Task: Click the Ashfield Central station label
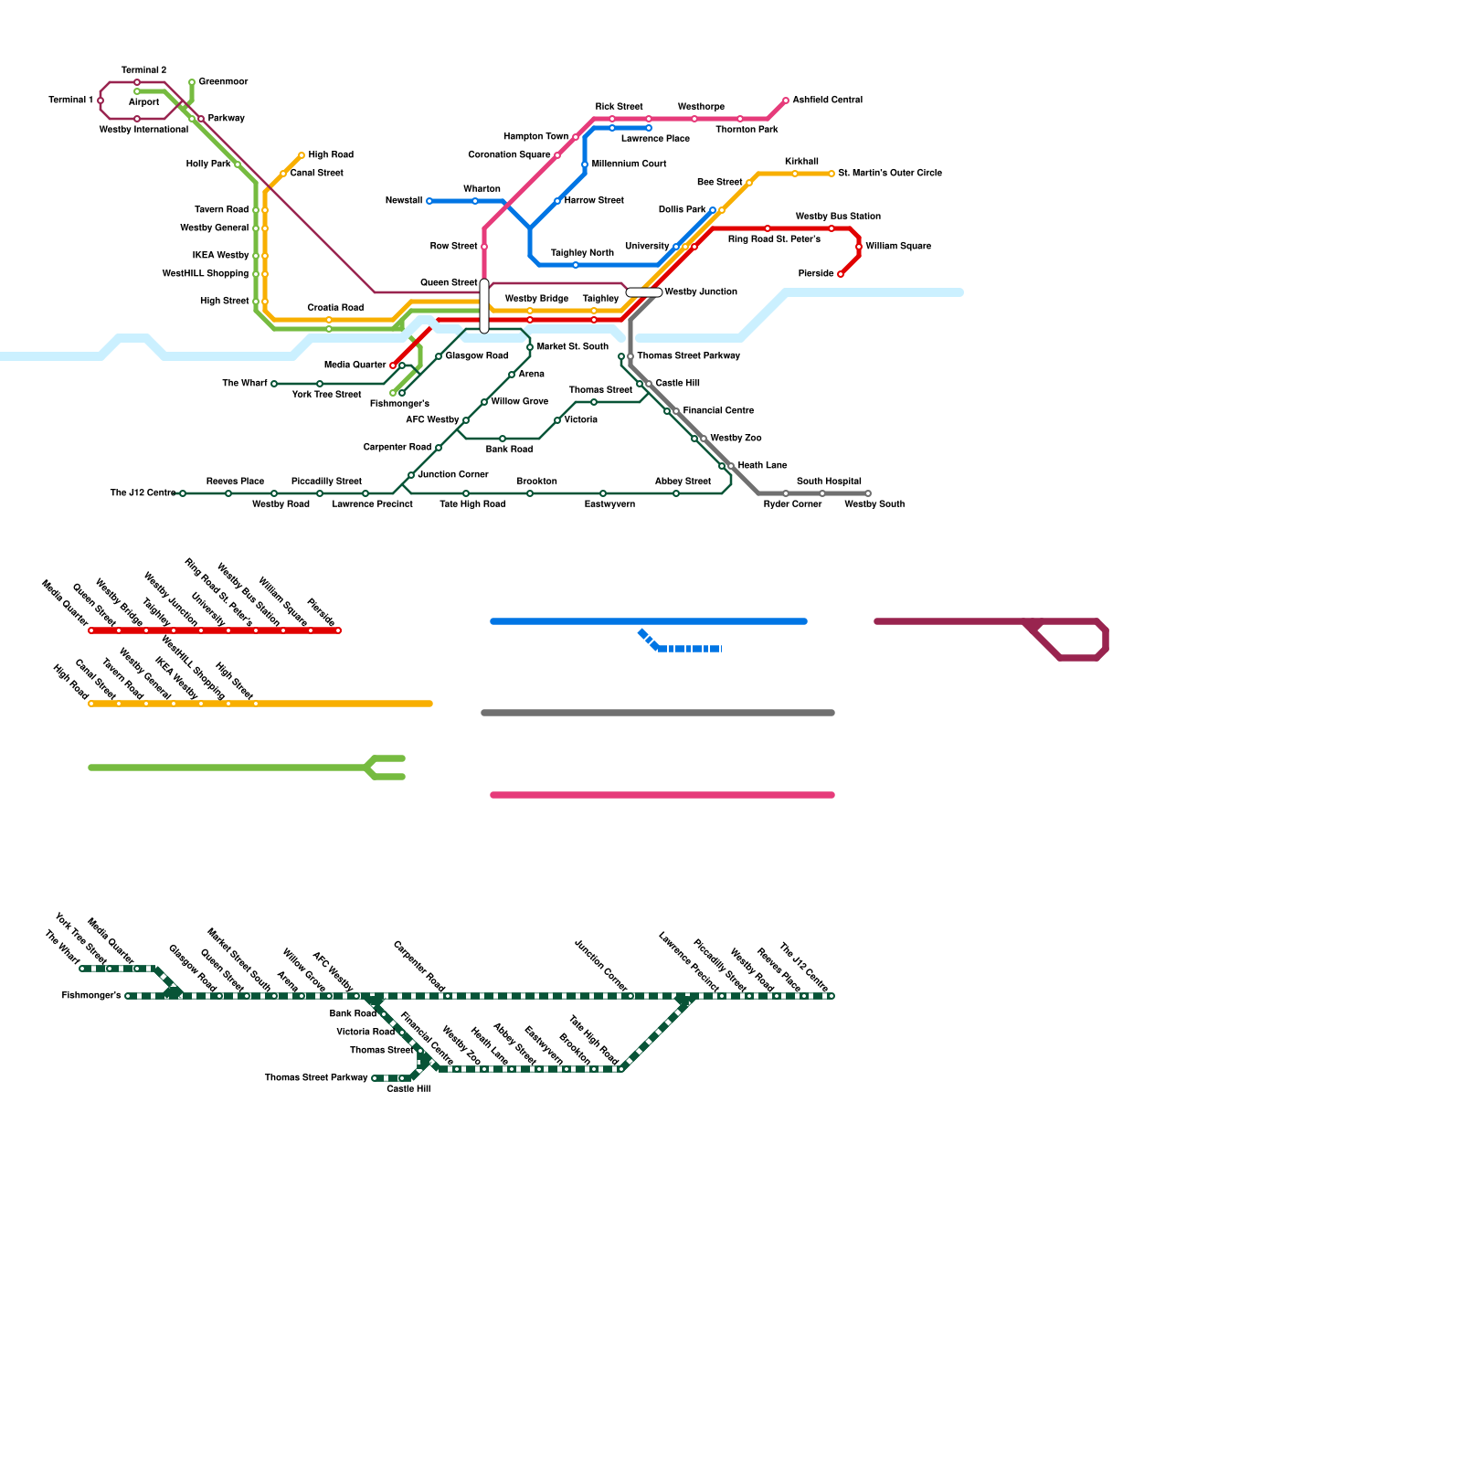pyautogui.click(x=827, y=101)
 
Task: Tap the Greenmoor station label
pyautogui.click(x=223, y=82)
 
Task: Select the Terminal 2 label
pyautogui.click(x=143, y=70)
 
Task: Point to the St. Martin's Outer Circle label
pyautogui.click(x=889, y=174)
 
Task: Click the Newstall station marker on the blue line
pyautogui.click(x=429, y=201)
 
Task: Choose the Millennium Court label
pyautogui.click(x=629, y=164)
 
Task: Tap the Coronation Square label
pyautogui.click(x=509, y=155)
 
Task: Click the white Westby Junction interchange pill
pyautogui.click(x=644, y=292)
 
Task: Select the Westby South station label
pyautogui.click(x=874, y=504)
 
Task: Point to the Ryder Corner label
pyautogui.click(x=792, y=504)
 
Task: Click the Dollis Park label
pyautogui.click(x=682, y=210)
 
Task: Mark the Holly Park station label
pyautogui.click(x=208, y=164)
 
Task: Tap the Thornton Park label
pyautogui.click(x=747, y=130)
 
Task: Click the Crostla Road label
pyautogui.click(x=335, y=308)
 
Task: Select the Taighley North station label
pyautogui.click(x=582, y=253)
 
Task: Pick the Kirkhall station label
pyautogui.click(x=801, y=162)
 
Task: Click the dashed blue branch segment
pyautogui.click(x=690, y=649)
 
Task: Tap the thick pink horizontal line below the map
pyautogui.click(x=662, y=795)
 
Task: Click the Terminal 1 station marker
pyautogui.click(x=101, y=101)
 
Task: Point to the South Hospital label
pyautogui.click(x=829, y=482)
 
